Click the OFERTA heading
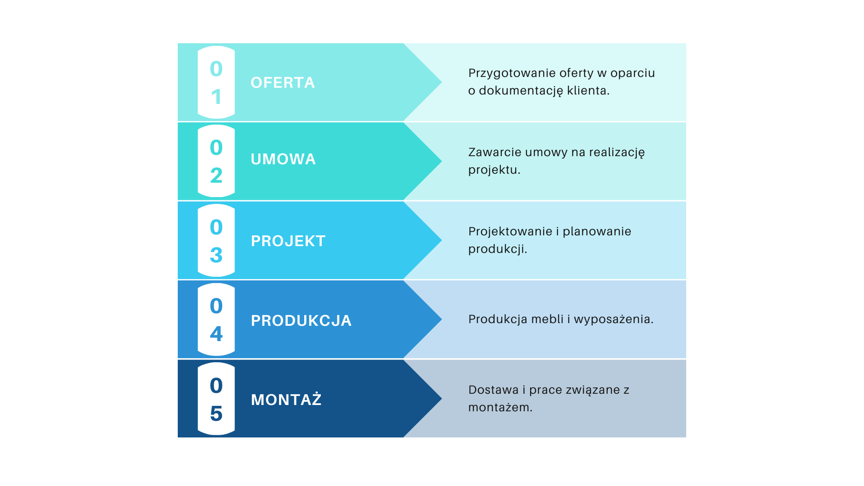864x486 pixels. coord(283,83)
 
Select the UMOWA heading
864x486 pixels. coord(283,159)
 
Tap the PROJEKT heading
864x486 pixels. coord(288,241)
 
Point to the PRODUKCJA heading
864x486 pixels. coord(301,321)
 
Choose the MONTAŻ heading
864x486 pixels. coord(286,399)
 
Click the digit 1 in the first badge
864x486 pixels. coord(216,97)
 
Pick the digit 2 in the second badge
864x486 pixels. coord(216,175)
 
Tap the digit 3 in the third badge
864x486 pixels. coord(216,255)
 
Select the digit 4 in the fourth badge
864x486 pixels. coord(216,334)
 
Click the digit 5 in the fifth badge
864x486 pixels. coord(216,414)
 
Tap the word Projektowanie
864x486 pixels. coord(510,232)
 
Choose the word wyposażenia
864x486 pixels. coord(613,319)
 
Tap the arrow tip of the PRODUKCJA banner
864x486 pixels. coord(441,319)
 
